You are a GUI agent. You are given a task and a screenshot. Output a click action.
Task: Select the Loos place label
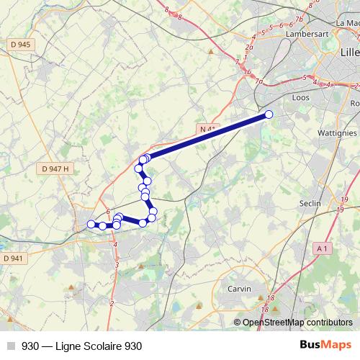[300, 96]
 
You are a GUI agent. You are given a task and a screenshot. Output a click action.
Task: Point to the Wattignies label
[338, 133]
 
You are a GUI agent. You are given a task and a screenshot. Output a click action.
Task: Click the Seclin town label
[310, 204]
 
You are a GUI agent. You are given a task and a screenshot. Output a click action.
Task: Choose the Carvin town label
[239, 289]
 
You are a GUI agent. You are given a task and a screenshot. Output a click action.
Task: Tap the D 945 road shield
[22, 45]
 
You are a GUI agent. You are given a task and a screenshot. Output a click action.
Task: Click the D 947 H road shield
[55, 168]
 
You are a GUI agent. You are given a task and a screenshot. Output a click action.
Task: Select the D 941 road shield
[13, 258]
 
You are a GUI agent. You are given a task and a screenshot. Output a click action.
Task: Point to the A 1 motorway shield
[321, 248]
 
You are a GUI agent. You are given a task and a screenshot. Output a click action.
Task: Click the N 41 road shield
[207, 129]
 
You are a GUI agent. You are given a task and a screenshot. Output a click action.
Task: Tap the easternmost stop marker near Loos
[269, 114]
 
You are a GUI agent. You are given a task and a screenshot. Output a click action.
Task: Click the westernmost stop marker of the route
[91, 225]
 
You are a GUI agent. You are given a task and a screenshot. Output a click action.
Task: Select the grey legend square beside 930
[11, 346]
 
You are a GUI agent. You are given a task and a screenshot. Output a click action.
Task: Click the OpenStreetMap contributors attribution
[297, 323]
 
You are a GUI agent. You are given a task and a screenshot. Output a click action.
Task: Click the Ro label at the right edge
[354, 104]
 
